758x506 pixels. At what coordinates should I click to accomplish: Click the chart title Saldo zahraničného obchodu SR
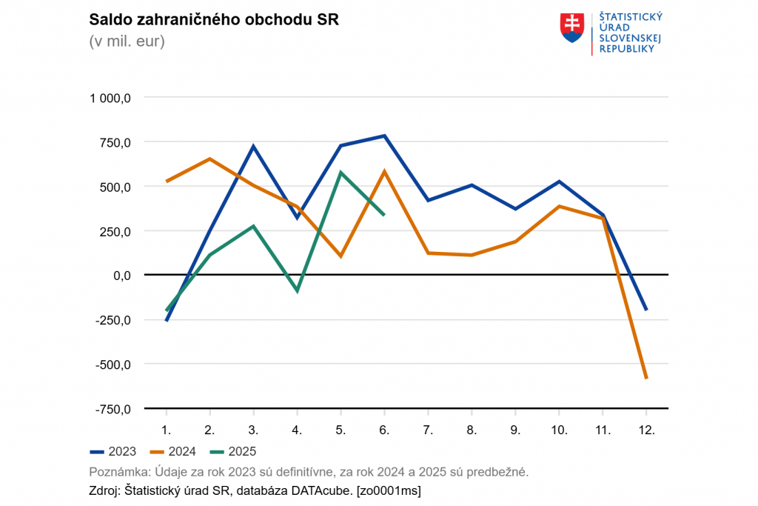coord(213,20)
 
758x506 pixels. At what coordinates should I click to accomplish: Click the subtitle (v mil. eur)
coord(127,41)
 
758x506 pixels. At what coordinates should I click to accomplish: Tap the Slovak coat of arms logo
coord(572,27)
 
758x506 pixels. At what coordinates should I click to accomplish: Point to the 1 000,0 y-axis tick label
coord(111,98)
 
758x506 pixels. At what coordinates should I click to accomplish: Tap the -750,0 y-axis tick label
coord(113,409)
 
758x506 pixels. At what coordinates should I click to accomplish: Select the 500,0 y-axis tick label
coord(115,187)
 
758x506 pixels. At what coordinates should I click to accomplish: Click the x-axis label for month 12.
coord(646,430)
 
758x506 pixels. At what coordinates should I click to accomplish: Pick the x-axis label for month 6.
coord(385,430)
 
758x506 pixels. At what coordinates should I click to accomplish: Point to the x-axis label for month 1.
coord(167,430)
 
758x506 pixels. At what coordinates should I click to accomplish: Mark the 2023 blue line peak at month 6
coord(385,136)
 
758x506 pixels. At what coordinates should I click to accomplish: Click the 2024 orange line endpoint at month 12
coord(646,378)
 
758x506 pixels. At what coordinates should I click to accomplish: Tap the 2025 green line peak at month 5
coord(341,173)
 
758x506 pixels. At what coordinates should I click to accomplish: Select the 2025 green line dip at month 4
coord(298,290)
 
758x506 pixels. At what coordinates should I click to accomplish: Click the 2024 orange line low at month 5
coord(341,256)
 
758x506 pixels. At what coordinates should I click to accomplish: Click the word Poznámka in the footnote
coord(118,472)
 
